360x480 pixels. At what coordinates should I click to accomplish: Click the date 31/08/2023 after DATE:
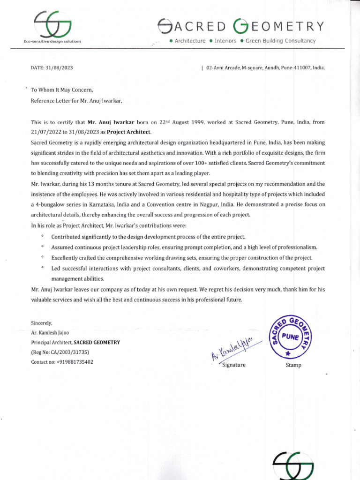(60, 68)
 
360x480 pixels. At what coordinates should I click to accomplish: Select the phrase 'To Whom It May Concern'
(62, 90)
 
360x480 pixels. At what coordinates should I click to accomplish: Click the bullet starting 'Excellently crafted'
(182, 258)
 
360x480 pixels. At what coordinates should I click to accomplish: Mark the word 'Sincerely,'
(42, 323)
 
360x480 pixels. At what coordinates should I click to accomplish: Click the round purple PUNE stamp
(291, 336)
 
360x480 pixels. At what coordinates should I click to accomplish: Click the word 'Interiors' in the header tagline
(225, 41)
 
